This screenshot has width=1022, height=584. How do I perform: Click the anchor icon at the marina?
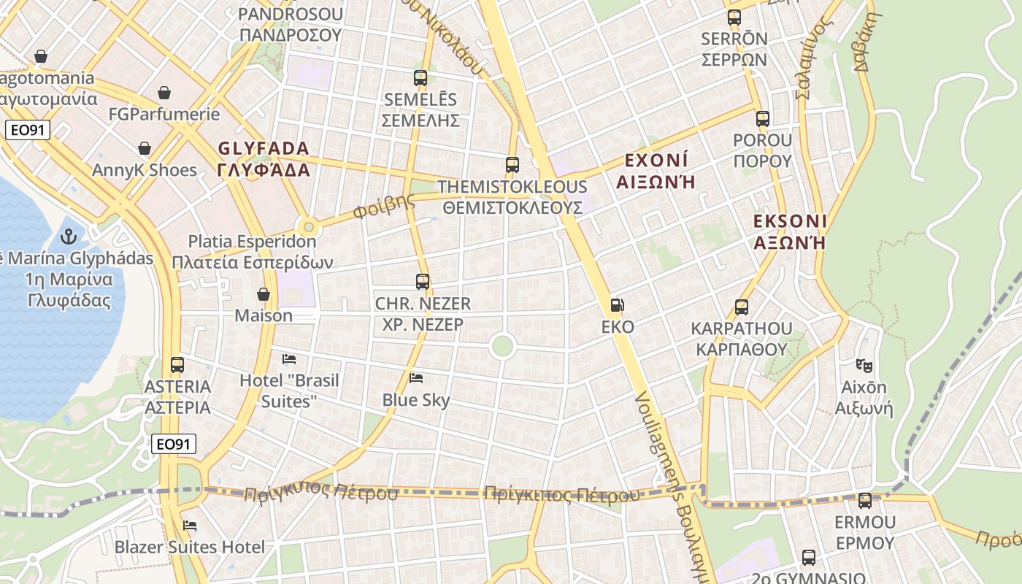(x=69, y=236)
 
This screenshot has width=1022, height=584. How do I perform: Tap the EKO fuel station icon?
(x=618, y=305)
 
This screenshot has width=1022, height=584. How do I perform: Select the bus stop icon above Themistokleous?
(x=512, y=165)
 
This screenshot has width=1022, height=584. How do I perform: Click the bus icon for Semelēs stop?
(x=420, y=78)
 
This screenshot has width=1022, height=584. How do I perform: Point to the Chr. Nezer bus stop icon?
(x=423, y=281)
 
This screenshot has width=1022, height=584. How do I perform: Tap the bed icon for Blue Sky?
(x=416, y=377)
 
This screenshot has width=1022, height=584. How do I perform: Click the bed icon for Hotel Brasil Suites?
(x=289, y=358)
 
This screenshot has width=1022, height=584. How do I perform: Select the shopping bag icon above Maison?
(x=264, y=294)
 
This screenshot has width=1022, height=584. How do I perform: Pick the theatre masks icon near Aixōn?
(x=864, y=365)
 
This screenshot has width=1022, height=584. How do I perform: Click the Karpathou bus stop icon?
(x=742, y=307)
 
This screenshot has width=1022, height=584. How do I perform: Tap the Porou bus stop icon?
(x=763, y=118)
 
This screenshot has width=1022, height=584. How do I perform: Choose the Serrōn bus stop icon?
(x=734, y=18)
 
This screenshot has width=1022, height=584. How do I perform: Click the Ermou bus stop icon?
(x=865, y=501)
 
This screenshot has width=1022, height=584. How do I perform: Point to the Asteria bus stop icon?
(x=177, y=364)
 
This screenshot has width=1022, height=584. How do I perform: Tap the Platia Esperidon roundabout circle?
(x=308, y=226)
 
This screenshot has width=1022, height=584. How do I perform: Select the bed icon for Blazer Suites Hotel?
(x=190, y=525)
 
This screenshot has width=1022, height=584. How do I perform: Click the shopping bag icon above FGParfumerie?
(x=164, y=93)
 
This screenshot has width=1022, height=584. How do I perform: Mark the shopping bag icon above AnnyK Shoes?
(x=145, y=148)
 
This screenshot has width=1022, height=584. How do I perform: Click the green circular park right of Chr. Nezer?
(x=502, y=345)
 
